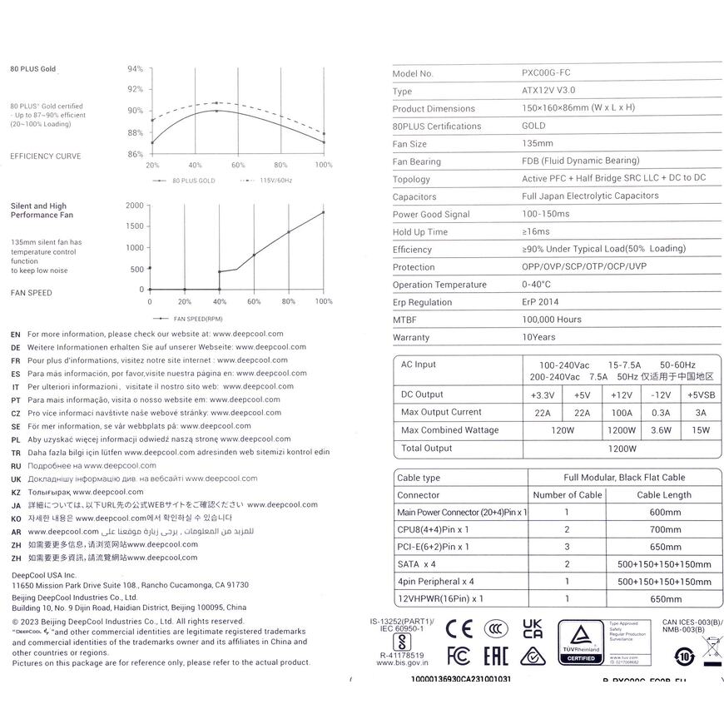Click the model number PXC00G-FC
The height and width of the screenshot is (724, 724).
(x=546, y=73)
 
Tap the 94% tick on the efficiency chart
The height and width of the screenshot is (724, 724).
(x=135, y=68)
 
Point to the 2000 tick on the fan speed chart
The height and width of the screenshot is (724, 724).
(x=133, y=205)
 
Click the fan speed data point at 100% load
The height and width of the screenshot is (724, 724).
(x=323, y=212)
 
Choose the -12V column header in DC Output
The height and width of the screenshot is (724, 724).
(x=661, y=394)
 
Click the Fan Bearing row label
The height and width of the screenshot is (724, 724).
(x=417, y=161)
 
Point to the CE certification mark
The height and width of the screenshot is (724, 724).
(x=459, y=627)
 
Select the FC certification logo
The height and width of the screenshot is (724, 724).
(x=459, y=656)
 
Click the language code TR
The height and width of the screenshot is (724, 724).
(x=16, y=452)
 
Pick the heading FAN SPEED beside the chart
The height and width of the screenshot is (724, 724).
(x=31, y=293)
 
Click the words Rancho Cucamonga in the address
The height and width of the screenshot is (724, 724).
(x=181, y=585)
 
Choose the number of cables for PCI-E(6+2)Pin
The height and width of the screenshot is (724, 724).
(x=566, y=547)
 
